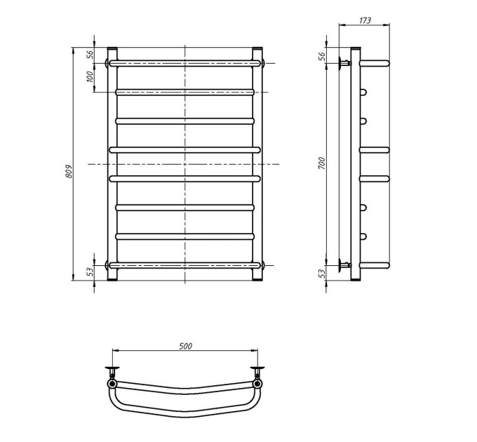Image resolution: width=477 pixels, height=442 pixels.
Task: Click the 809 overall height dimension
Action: (x=69, y=171)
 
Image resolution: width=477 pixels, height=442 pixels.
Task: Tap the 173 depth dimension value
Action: (x=365, y=20)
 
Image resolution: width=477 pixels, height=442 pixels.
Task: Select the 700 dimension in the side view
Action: (x=322, y=163)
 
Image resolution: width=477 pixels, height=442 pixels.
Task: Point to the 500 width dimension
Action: (x=185, y=346)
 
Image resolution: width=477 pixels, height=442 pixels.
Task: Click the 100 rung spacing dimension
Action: (x=90, y=76)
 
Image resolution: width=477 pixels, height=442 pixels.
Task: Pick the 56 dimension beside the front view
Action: (x=90, y=55)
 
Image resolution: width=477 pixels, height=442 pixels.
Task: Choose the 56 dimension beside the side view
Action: (x=322, y=56)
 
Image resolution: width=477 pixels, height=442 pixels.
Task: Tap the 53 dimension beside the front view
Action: (x=90, y=272)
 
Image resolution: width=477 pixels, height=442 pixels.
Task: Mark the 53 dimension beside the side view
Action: (x=322, y=274)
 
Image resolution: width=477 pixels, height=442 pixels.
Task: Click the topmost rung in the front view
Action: (x=184, y=63)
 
